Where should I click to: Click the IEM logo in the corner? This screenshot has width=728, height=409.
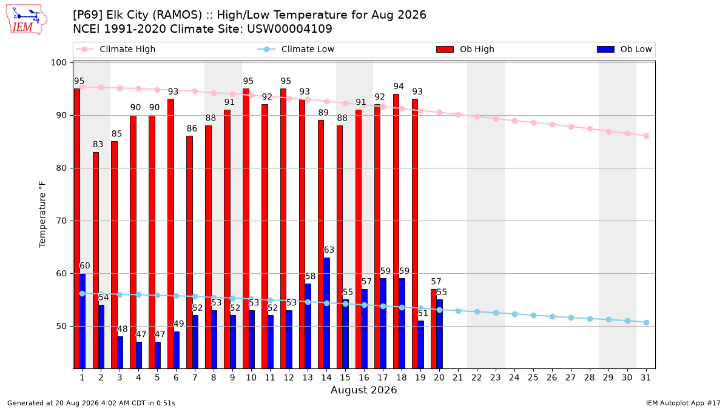26,20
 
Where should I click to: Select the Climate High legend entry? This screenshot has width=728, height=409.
116,49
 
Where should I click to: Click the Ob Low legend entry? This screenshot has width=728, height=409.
624,49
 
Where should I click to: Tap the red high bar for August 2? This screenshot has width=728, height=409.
96,261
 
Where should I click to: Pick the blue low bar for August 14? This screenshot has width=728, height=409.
326,313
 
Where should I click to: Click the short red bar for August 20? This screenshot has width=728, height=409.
434,329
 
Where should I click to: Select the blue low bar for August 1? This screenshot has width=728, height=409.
83,321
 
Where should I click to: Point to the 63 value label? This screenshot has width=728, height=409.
329,250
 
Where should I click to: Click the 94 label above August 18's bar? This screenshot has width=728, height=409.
399,86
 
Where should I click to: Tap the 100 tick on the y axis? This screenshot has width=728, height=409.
58,62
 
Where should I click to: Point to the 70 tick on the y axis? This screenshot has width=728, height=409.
61,221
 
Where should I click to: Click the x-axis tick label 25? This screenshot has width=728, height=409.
533,378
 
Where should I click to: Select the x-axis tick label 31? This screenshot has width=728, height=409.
645,378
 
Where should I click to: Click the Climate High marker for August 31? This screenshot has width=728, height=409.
646,136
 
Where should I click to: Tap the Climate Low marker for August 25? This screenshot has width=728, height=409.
533,316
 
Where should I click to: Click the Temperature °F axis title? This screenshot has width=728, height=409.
42,214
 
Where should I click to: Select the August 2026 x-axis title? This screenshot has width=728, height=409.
363,390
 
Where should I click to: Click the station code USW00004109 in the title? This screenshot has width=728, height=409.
289,29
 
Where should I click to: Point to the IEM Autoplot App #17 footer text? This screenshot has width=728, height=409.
683,403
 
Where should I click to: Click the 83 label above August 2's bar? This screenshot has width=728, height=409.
98,144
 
